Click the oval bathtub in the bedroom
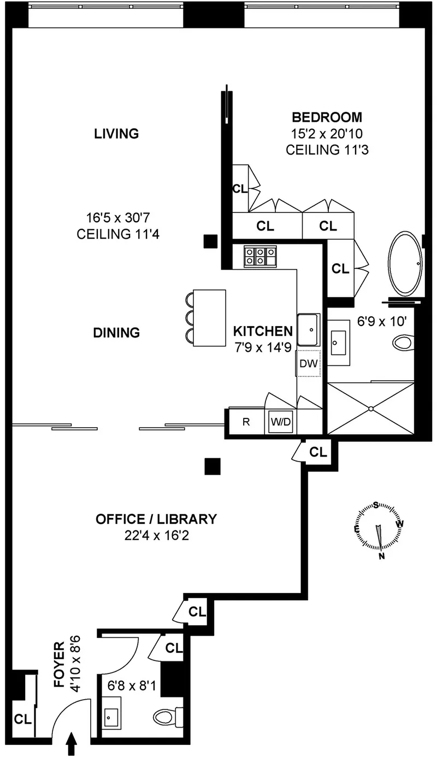(x=405, y=264)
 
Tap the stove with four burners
(x=259, y=256)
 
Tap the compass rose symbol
(x=377, y=528)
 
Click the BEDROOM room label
(x=327, y=117)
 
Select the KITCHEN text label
(x=263, y=331)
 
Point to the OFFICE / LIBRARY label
(x=156, y=519)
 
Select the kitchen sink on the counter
(x=309, y=329)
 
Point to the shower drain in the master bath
(x=371, y=409)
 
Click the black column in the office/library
(x=212, y=466)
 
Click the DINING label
(x=116, y=332)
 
